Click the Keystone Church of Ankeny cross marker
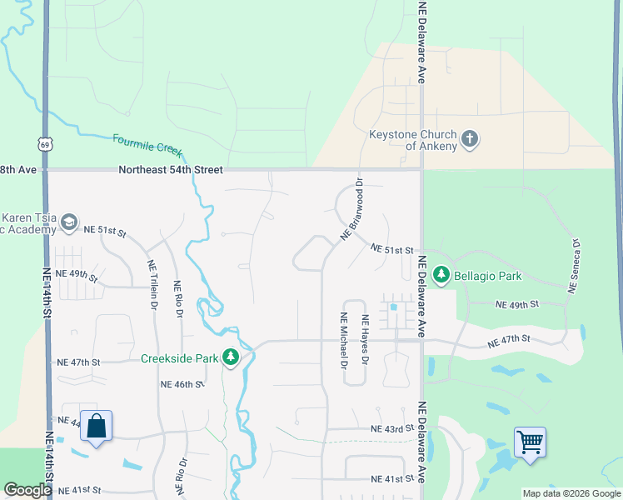pos(470,138)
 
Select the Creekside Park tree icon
pos(231,358)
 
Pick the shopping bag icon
pos(97,426)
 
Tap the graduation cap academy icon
pos(69,222)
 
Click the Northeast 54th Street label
pos(171,169)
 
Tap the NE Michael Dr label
pos(343,339)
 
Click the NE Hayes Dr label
pos(364,339)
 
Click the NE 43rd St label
pos(392,428)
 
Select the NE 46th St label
pos(182,384)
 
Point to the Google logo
pos(27,490)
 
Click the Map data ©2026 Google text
pos(571,493)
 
